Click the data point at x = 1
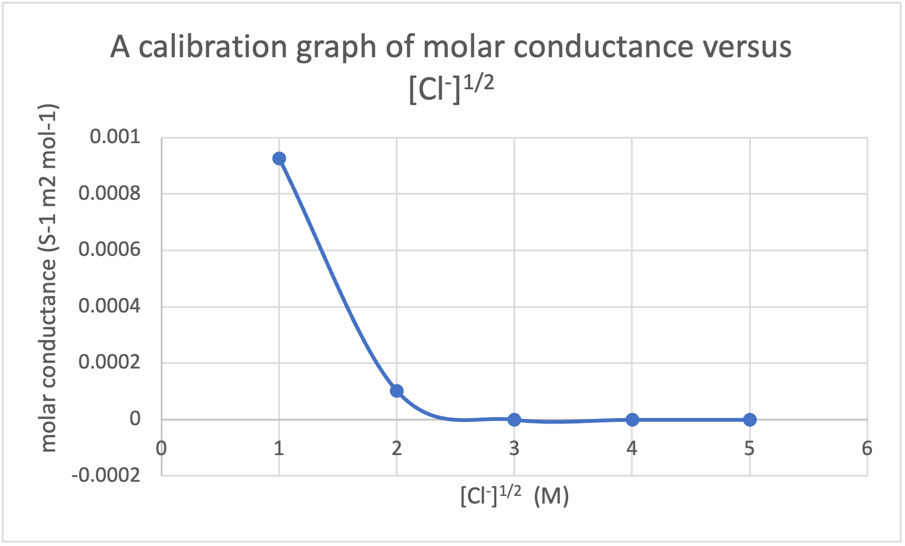click(x=279, y=158)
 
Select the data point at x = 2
click(x=397, y=391)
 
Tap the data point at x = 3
click(x=514, y=420)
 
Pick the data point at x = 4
click(x=632, y=420)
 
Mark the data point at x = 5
click(x=750, y=420)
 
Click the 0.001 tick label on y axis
click(x=115, y=137)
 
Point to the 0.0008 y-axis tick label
click(x=109, y=193)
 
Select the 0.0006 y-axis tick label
click(x=109, y=250)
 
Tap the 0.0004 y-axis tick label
click(x=109, y=306)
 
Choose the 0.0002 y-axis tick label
click(x=109, y=363)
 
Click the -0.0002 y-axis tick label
click(x=106, y=476)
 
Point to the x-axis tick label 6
click(x=867, y=449)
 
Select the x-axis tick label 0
click(x=161, y=449)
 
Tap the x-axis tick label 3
click(x=514, y=449)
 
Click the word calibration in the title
click(x=213, y=47)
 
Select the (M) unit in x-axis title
click(x=551, y=496)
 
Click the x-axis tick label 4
click(x=632, y=449)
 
